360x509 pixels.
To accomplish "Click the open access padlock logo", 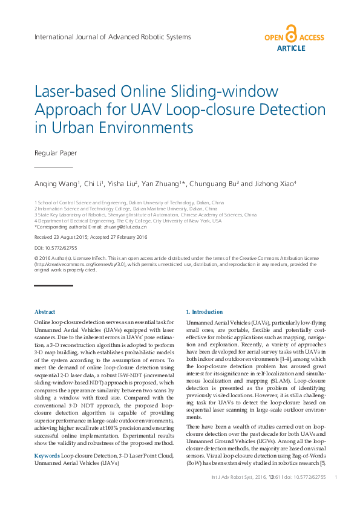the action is pos(291,34).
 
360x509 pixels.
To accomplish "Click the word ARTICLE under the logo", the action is pos(291,48).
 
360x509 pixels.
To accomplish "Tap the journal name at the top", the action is pos(113,37).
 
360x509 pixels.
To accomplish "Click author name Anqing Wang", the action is pos(57,183).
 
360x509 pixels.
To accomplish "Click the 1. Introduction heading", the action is pos(204,312).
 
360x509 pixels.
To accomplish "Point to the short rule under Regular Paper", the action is pos(53,166).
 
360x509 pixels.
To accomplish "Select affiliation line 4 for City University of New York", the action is pos(128,221).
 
